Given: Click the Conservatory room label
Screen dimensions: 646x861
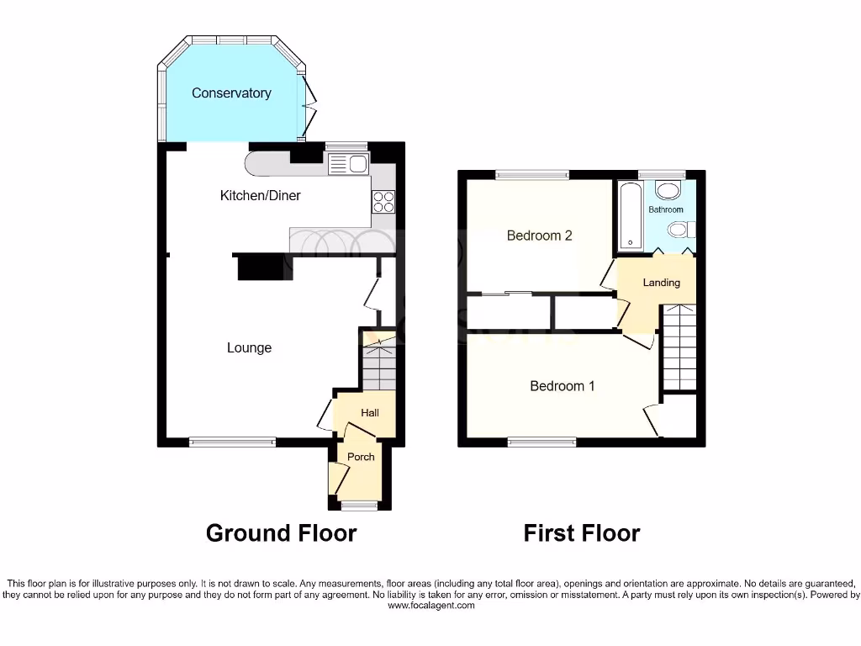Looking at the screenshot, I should point(231,93).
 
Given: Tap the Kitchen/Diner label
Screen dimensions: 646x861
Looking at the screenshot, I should point(260,196).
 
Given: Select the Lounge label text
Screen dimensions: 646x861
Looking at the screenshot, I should point(249,348).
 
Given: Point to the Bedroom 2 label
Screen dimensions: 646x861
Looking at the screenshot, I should point(539,236).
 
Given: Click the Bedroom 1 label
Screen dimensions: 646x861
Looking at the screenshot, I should point(563,386).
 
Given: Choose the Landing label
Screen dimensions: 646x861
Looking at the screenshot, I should point(661,283).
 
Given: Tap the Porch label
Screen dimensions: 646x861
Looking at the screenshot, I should point(361,457).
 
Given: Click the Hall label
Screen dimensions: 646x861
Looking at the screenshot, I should point(370,413).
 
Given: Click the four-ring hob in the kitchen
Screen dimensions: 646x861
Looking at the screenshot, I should point(383,201).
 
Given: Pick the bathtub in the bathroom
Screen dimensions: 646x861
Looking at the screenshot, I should point(631,217).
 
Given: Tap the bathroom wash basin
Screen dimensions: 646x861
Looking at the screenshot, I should point(669,189).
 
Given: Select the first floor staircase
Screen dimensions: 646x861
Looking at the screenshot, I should point(679,348).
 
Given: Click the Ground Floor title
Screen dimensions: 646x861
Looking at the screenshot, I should point(281,533).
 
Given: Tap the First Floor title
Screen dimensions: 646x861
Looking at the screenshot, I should point(581,533).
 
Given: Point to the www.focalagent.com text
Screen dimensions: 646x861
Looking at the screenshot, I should point(430,605).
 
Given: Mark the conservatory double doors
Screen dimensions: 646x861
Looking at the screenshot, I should point(310,108).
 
